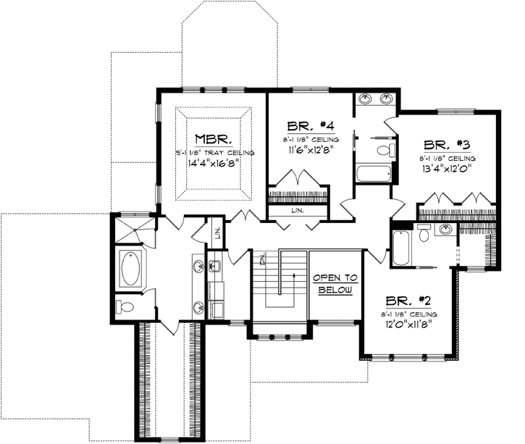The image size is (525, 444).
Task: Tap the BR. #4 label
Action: pyautogui.click(x=306, y=124)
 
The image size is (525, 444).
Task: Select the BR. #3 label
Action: pyautogui.click(x=448, y=144)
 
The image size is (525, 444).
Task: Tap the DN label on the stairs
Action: pyautogui.click(x=264, y=259)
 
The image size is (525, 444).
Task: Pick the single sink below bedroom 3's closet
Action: pyautogui.click(x=446, y=230)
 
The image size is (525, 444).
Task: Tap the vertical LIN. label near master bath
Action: pyautogui.click(x=217, y=233)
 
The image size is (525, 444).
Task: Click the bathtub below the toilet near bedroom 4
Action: pyautogui.click(x=373, y=174)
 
